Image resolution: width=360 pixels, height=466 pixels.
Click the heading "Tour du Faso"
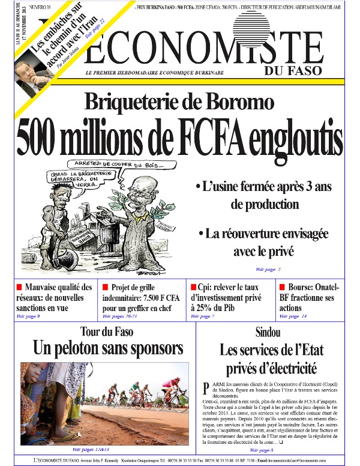(x=107, y=331)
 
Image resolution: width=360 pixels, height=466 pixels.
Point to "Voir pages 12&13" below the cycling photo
(x=91, y=449)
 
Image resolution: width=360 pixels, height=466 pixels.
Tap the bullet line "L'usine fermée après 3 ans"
(x=264, y=187)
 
